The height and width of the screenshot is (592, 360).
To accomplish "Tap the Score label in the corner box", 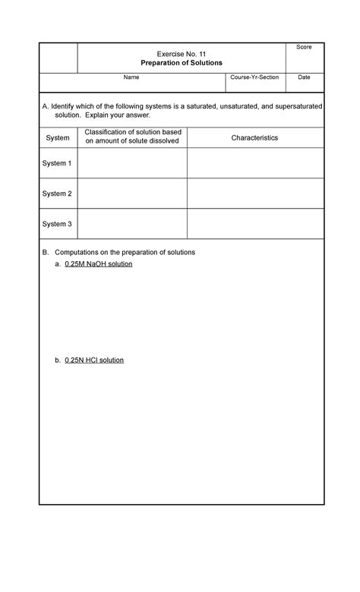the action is [304, 47].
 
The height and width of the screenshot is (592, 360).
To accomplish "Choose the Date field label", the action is [304, 77].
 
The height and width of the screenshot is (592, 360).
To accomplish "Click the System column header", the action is [58, 137].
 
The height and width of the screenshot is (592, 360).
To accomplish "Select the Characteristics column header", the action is [254, 137].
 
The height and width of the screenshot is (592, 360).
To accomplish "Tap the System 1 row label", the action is [58, 163].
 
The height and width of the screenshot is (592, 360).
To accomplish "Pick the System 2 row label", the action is [58, 194].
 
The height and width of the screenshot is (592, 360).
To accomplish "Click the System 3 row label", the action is [58, 224].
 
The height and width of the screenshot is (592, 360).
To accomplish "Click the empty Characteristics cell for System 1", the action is [254, 163].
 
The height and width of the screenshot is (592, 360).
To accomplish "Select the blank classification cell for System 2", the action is [132, 194].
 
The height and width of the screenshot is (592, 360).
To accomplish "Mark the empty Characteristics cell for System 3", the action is [254, 224].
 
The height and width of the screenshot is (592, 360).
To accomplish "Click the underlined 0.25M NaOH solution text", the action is [99, 264].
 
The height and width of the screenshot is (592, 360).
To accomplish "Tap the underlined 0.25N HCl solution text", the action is [94, 360].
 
